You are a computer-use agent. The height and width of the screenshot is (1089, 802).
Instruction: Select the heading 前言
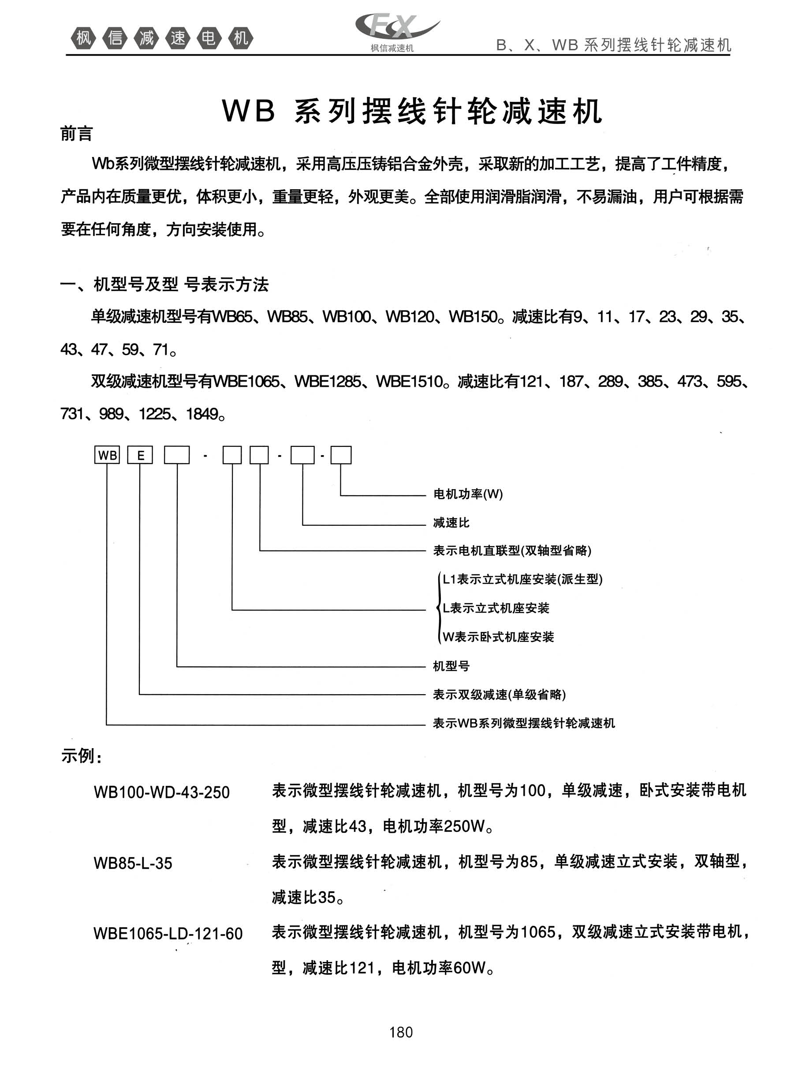76,134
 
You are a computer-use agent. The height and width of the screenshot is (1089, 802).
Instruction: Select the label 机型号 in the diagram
451,666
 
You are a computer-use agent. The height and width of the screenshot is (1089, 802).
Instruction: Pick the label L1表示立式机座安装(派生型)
522,579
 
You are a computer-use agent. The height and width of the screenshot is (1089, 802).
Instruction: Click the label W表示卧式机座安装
498,637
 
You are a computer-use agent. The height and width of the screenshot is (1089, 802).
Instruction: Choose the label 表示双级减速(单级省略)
499,695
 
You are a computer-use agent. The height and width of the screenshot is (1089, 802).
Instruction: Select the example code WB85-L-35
133,863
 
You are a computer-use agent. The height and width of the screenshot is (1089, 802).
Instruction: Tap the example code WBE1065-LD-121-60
168,934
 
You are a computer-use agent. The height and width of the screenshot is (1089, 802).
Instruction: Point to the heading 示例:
81,756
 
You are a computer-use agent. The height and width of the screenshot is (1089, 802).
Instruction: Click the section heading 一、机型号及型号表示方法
164,284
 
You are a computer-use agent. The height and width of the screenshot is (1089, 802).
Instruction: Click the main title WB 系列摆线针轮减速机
413,112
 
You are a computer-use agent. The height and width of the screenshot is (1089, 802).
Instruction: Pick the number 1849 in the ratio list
202,414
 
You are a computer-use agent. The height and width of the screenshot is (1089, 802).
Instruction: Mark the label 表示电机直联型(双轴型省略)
512,551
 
